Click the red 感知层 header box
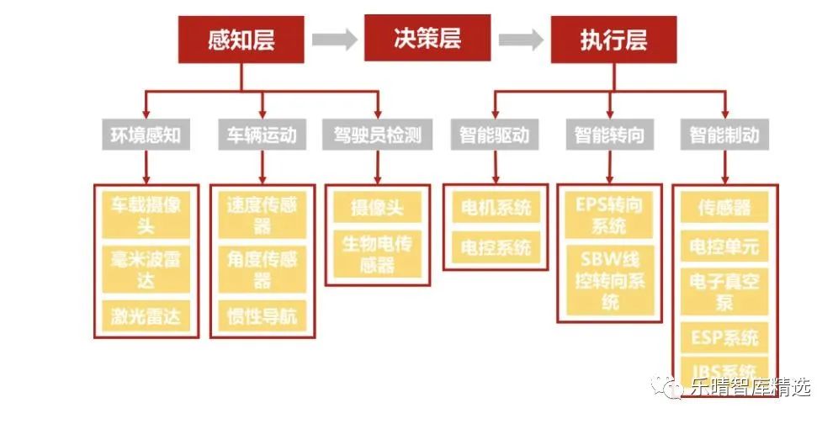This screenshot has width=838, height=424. coord(241,39)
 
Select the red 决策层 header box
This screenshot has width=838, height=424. coord(427,38)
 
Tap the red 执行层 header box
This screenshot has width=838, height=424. coord(613,39)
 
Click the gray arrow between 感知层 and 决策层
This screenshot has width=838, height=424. coord(334,39)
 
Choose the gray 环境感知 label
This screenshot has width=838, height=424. coord(146,135)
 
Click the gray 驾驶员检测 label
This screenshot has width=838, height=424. coord(378,135)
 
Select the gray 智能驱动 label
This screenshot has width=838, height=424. coord(494,135)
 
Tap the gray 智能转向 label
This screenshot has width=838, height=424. coord(609,135)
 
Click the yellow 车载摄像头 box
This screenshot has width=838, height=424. coord(146,215)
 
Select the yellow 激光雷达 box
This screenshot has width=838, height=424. coord(146,316)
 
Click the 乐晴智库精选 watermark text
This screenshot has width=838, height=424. coord(750,387)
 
